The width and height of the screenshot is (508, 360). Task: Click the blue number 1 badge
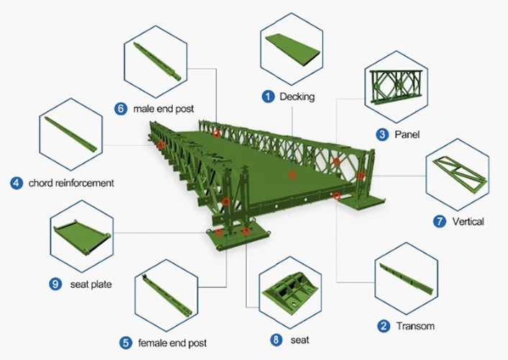pyautogui.click(x=268, y=96)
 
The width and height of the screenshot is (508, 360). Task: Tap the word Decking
pyautogui.click(x=297, y=96)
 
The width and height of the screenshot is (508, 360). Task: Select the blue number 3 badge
pyautogui.click(x=382, y=134)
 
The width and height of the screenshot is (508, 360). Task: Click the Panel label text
pyautogui.click(x=407, y=134)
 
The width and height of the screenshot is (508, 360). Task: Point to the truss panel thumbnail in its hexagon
pyautogui.click(x=396, y=86)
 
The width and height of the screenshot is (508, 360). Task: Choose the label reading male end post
pyautogui.click(x=163, y=109)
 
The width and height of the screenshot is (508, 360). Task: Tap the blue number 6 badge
pyautogui.click(x=121, y=108)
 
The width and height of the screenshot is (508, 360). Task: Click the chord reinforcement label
pyautogui.click(x=71, y=183)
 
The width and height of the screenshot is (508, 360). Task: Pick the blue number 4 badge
pyautogui.click(x=17, y=183)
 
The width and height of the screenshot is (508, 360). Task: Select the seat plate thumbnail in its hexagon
pyautogui.click(x=82, y=236)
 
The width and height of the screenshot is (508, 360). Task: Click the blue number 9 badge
pyautogui.click(x=55, y=284)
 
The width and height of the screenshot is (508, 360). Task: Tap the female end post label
pyautogui.click(x=173, y=343)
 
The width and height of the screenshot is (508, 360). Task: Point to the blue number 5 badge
pyautogui.click(x=126, y=343)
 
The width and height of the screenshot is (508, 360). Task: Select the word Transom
pyautogui.click(x=415, y=326)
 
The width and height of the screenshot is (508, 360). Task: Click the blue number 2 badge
pyautogui.click(x=384, y=326)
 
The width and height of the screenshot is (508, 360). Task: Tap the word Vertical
pyautogui.click(x=468, y=222)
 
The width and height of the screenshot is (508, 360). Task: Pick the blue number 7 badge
pyautogui.click(x=440, y=221)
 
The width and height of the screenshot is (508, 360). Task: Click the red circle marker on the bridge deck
pyautogui.click(x=292, y=176)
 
